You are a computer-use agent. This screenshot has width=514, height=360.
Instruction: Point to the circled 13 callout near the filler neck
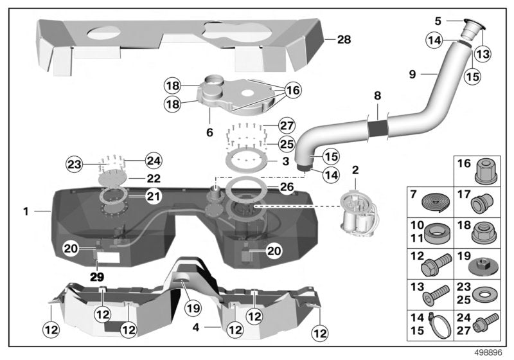click(483, 55)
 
